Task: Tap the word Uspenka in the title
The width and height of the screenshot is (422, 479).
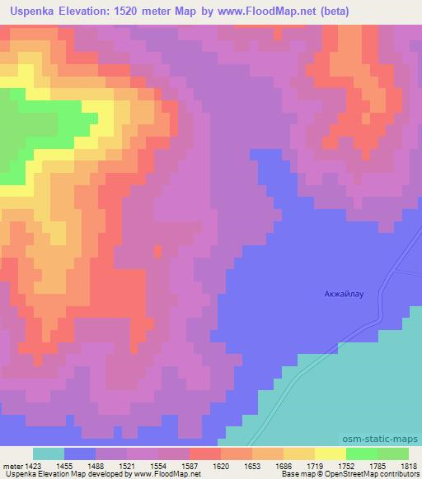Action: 35,12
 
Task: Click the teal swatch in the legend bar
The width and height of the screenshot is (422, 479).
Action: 49,453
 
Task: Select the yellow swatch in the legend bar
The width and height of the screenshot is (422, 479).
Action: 330,453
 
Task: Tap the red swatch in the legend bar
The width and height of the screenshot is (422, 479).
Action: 204,453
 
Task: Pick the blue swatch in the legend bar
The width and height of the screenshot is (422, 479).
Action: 80,453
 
